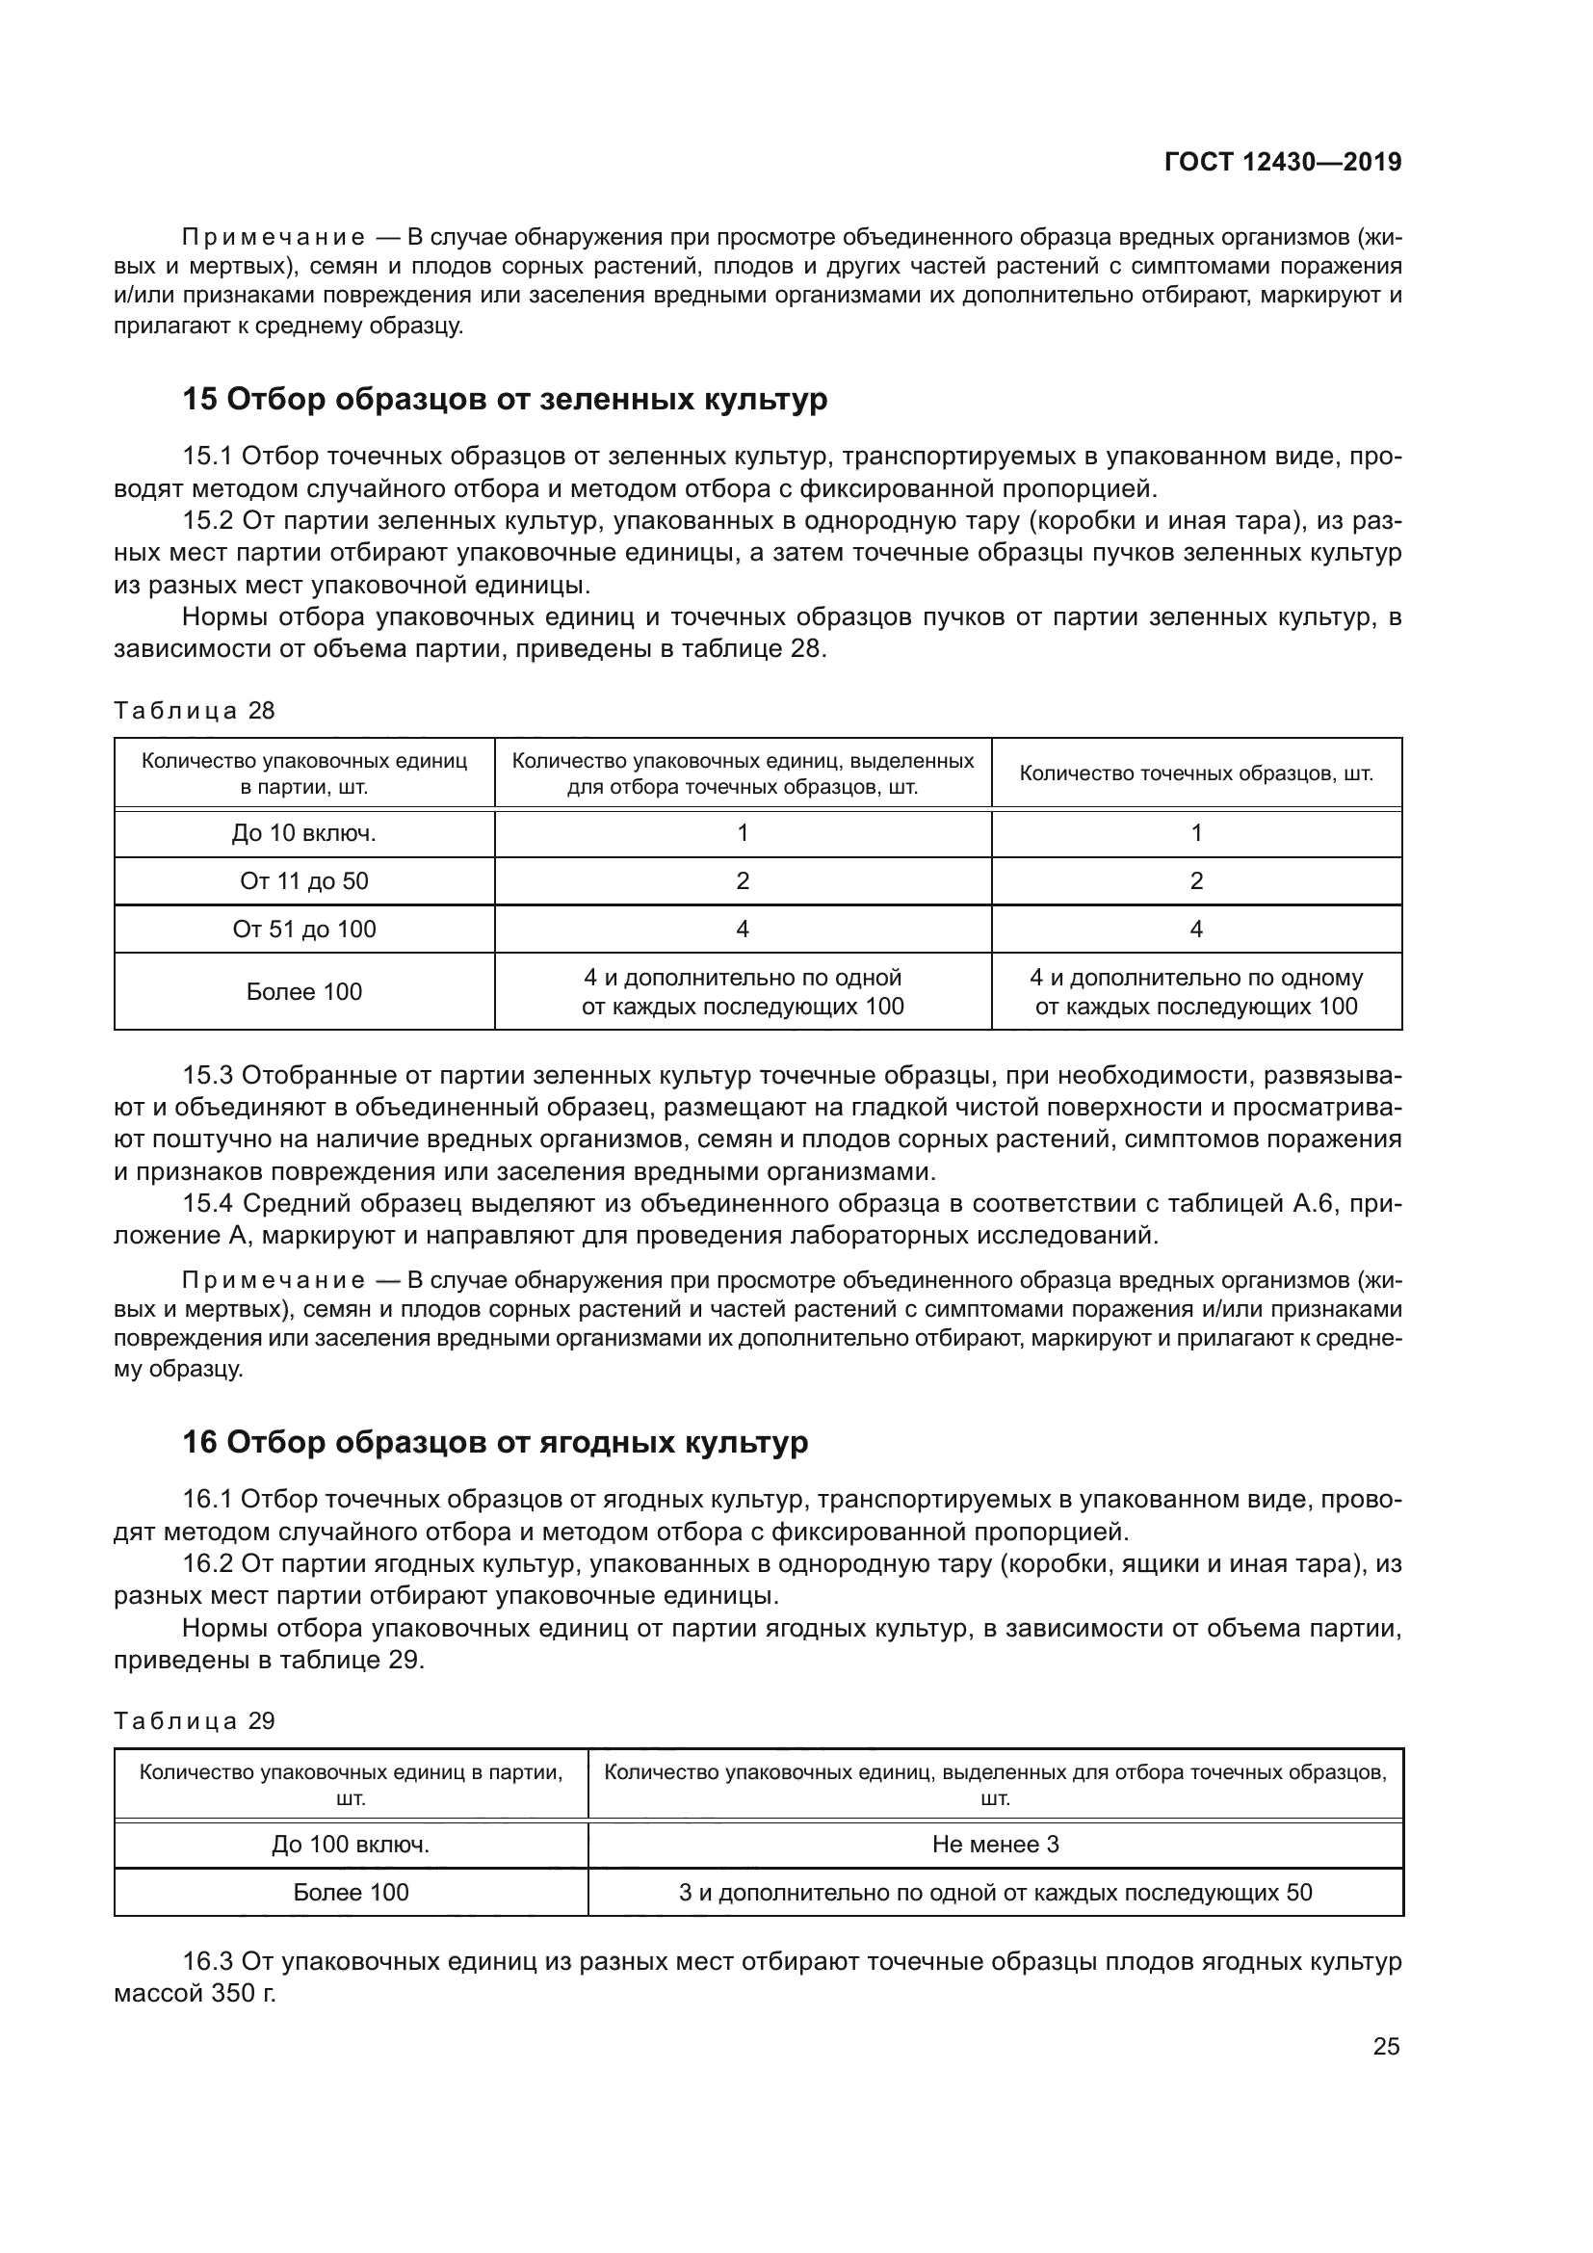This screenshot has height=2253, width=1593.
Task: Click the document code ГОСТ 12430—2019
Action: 1282,162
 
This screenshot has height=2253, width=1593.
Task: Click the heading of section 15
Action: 506,400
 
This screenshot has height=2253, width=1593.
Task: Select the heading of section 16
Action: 495,1443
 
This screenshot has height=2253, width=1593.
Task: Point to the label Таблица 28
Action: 195,711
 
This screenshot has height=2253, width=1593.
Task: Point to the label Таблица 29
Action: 195,1721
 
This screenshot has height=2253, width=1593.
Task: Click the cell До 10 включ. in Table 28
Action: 304,833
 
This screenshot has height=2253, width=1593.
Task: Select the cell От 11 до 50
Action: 304,881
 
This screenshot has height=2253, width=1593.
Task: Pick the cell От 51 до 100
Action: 304,930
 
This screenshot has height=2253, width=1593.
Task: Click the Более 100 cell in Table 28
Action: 304,992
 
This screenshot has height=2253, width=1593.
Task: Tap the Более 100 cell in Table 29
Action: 351,1892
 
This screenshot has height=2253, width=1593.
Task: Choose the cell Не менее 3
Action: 995,1844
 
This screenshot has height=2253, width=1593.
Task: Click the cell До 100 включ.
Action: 351,1844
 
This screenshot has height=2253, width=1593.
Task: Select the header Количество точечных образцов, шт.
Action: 1196,773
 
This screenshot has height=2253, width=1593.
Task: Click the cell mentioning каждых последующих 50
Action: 995,1892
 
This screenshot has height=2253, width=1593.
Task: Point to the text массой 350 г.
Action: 196,1994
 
